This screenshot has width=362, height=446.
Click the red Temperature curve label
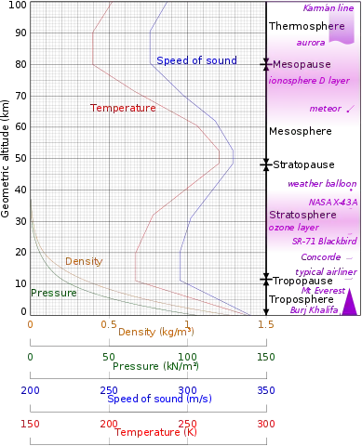pos(123,108)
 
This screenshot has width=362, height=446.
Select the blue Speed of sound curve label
pos(195,60)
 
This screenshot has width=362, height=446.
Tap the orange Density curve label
pos(84,262)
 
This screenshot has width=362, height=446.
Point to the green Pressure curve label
pos(53,293)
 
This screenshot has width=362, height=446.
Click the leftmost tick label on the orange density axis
pos(31,326)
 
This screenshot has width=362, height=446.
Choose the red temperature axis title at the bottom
pos(155,432)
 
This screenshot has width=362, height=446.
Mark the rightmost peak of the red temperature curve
pos(221,159)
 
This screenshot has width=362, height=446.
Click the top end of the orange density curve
pos(31,200)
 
